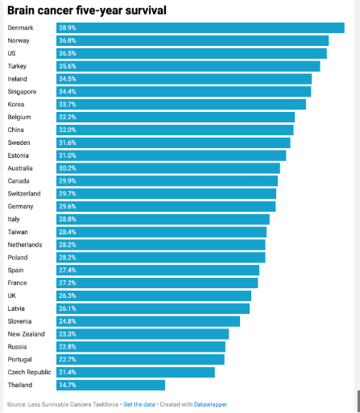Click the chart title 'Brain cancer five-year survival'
click(x=87, y=10)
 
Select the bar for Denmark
click(x=201, y=28)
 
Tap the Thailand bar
click(x=110, y=385)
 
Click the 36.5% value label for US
click(x=68, y=53)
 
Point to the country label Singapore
click(x=22, y=92)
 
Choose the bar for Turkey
click(x=188, y=66)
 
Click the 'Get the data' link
click(x=139, y=404)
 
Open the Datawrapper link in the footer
click(x=210, y=404)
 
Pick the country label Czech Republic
click(x=29, y=373)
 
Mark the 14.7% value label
click(x=68, y=385)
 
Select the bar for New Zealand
click(x=143, y=334)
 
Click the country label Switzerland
click(x=24, y=194)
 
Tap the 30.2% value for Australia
click(x=68, y=168)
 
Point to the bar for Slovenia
click(x=148, y=321)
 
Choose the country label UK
click(x=12, y=295)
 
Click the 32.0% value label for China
click(x=68, y=130)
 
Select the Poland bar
click(x=161, y=258)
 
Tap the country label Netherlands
click(x=25, y=245)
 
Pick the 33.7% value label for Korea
click(x=68, y=105)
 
